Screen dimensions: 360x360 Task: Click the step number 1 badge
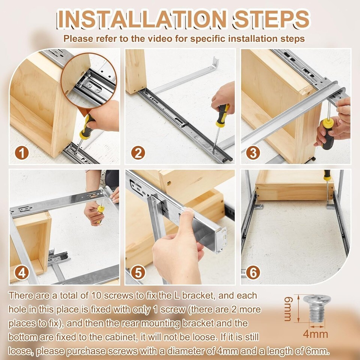22,153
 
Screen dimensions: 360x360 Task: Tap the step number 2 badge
138,153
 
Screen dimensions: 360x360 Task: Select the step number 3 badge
253,153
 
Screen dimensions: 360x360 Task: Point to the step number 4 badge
22,273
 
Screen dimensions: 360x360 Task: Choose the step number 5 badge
138,273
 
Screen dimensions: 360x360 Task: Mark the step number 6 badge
253,273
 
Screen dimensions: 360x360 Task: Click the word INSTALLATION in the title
142,19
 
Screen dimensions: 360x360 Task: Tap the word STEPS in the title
271,19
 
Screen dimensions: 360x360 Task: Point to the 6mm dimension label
288,309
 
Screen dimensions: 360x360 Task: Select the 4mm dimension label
315,334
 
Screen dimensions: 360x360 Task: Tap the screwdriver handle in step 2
222,115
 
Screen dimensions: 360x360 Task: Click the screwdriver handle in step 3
328,134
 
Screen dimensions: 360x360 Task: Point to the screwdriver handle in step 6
327,175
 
